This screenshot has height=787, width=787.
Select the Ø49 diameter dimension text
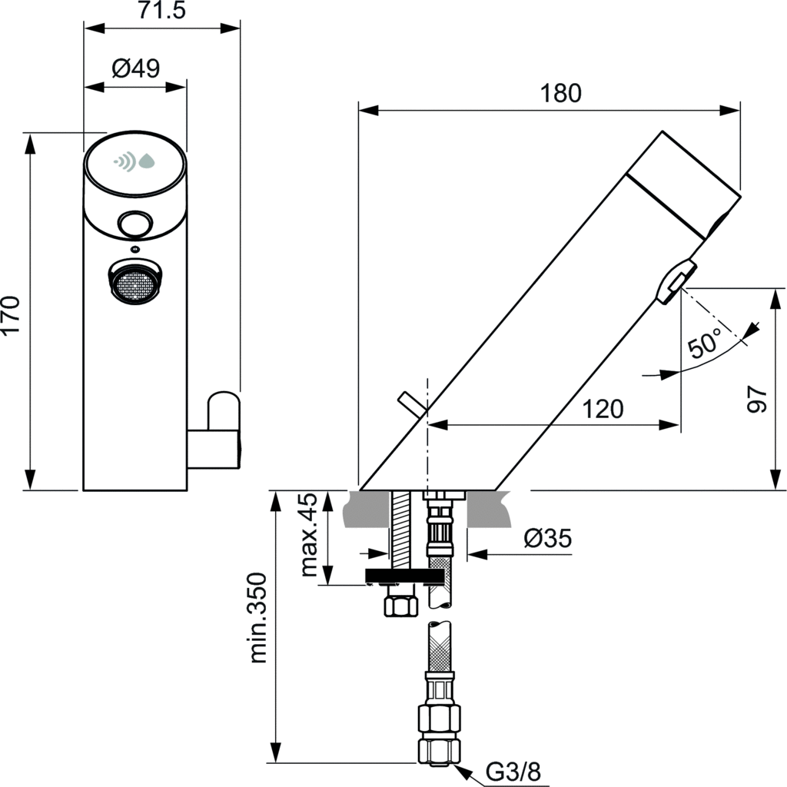(x=135, y=68)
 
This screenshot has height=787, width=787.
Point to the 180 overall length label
(x=560, y=93)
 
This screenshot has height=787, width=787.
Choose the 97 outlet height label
(x=758, y=399)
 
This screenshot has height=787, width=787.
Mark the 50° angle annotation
(x=706, y=342)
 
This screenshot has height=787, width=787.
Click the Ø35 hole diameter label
(x=547, y=539)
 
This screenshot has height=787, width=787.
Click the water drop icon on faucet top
(x=146, y=161)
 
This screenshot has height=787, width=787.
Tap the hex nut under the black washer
(x=400, y=605)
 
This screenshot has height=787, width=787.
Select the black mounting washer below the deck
(x=404, y=576)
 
